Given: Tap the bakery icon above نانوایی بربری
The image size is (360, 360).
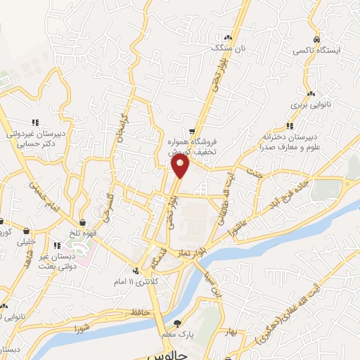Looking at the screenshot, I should (310, 94).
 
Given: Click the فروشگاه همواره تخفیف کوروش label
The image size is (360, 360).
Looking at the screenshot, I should (191, 146).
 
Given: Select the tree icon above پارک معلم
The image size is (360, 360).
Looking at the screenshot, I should (177, 323).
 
